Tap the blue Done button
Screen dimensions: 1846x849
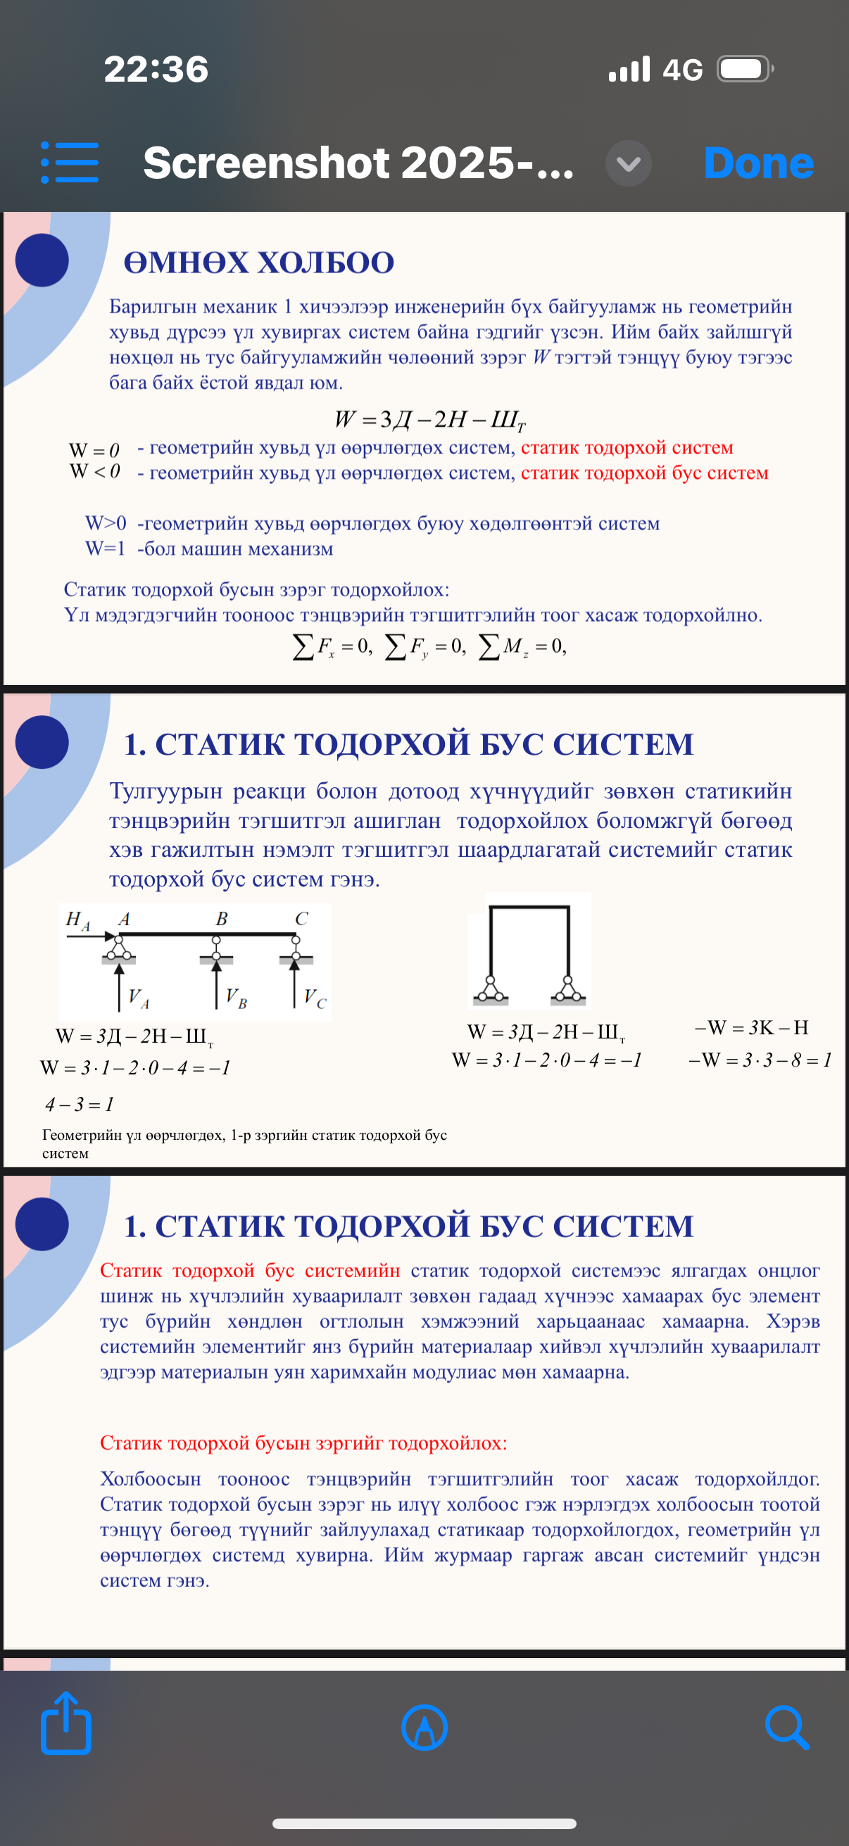click(758, 163)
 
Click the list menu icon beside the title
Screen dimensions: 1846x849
click(70, 163)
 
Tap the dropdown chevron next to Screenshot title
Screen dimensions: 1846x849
click(629, 164)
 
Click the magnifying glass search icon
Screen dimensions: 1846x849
click(786, 1728)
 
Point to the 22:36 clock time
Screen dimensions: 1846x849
click(156, 70)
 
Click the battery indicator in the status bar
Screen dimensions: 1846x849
click(745, 70)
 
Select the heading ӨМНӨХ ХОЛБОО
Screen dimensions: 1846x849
click(258, 263)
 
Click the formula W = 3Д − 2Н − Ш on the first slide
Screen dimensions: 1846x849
click(430, 419)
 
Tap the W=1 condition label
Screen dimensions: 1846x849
click(105, 549)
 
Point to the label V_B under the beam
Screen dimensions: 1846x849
click(236, 997)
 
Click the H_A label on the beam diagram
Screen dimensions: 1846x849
click(77, 920)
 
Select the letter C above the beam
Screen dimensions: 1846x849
click(301, 919)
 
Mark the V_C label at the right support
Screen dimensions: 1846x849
click(315, 998)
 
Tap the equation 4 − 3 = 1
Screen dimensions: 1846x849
click(79, 1105)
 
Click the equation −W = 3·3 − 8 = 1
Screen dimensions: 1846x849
click(760, 1060)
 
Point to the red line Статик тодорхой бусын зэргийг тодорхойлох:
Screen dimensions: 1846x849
click(303, 1443)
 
